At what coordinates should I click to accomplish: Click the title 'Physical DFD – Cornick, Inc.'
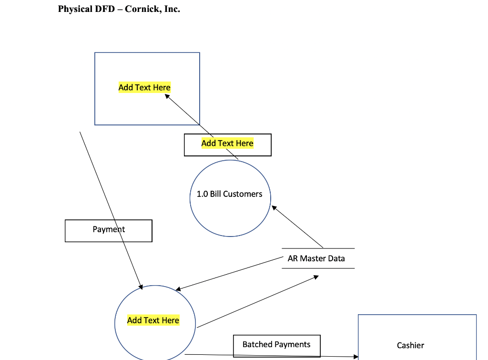pyautogui.click(x=119, y=10)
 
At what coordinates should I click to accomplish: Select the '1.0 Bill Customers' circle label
pyautogui.click(x=229, y=194)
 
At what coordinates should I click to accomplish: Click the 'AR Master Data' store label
pyautogui.click(x=316, y=258)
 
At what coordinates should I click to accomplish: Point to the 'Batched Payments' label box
pyautogui.click(x=276, y=345)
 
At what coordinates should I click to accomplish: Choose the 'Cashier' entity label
pyautogui.click(x=410, y=345)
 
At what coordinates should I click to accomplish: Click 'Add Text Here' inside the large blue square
pyautogui.click(x=144, y=87)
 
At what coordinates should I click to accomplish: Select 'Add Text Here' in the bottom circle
pyautogui.click(x=153, y=320)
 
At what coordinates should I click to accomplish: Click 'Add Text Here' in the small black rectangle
pyautogui.click(x=227, y=143)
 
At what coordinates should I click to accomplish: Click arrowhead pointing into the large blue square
pyautogui.click(x=168, y=96)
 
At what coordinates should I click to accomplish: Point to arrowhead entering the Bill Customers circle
pyautogui.click(x=274, y=207)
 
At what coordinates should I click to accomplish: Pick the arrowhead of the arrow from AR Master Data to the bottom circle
pyautogui.click(x=178, y=289)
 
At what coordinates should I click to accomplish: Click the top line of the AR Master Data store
pyautogui.click(x=318, y=248)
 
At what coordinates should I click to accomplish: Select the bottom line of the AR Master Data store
pyautogui.click(x=318, y=268)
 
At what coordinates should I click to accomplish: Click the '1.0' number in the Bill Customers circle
pyautogui.click(x=202, y=194)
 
